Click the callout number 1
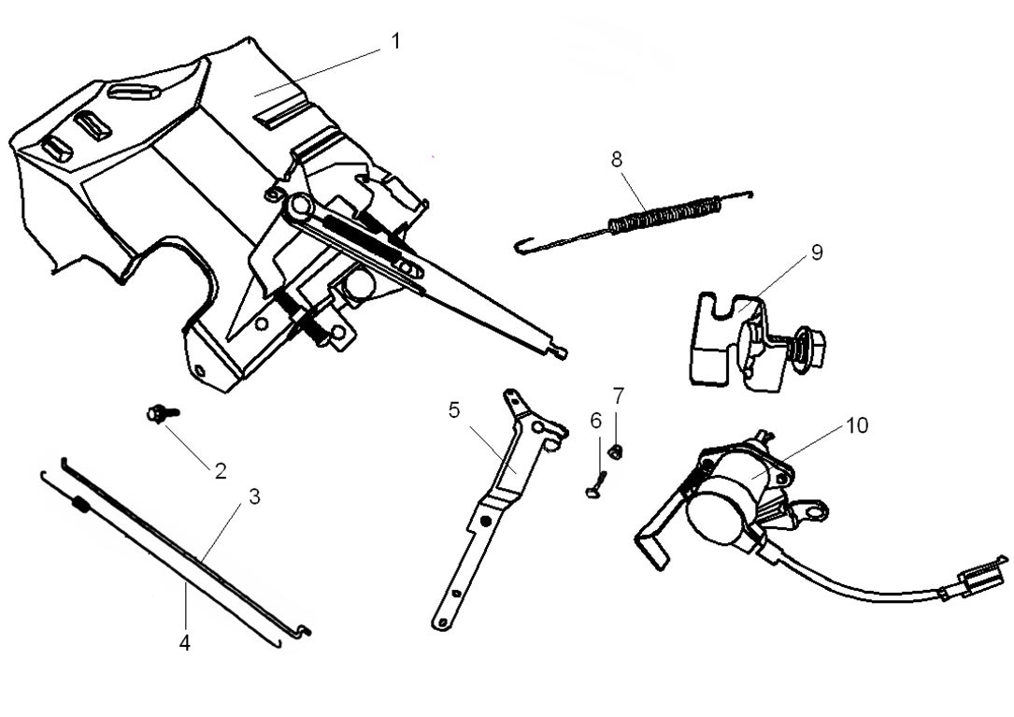click(395, 42)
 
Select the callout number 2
click(221, 471)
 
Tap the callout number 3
click(254, 496)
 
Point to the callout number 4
click(185, 643)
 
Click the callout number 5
click(454, 410)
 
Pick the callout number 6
click(596, 420)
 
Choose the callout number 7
click(618, 395)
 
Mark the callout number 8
click(617, 159)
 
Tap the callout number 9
click(816, 253)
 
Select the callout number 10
click(857, 425)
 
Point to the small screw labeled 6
click(597, 485)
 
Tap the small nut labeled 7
click(616, 452)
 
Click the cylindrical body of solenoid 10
click(724, 500)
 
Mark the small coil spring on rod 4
click(80, 506)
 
